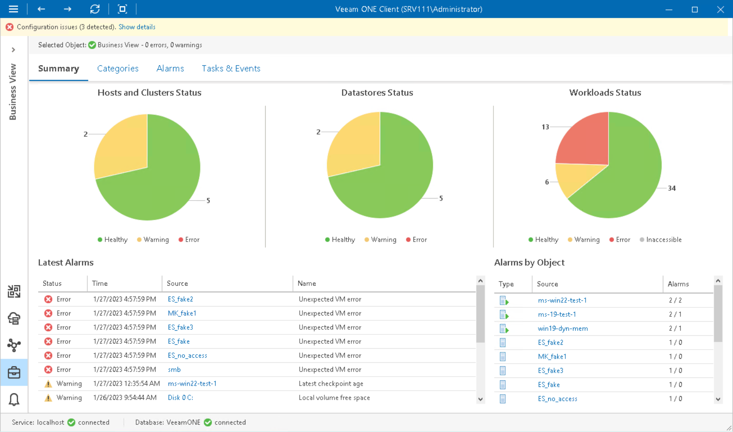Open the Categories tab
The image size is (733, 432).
(118, 68)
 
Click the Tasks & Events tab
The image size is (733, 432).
(231, 68)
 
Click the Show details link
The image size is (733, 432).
(137, 27)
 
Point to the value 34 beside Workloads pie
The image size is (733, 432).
(671, 188)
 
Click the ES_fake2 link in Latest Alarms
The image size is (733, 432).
(180, 299)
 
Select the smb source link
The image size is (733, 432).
(174, 369)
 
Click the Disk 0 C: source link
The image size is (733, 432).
(180, 398)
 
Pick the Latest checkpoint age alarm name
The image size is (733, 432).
(331, 384)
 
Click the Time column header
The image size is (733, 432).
(100, 283)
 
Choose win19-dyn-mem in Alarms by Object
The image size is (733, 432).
(563, 328)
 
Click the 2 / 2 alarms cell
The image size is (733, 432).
(675, 300)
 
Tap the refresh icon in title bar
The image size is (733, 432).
(95, 9)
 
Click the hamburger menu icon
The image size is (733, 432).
(13, 9)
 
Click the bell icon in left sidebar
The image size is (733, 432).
(14, 399)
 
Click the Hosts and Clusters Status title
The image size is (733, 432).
(149, 93)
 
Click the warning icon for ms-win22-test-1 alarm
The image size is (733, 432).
(48, 384)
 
